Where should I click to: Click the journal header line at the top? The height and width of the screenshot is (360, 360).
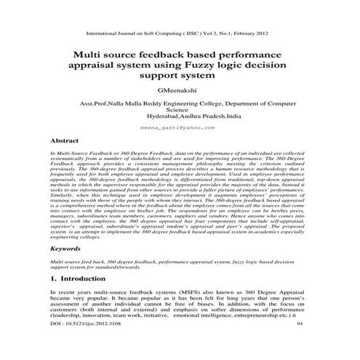click(x=179, y=33)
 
